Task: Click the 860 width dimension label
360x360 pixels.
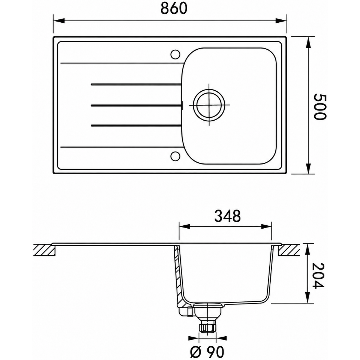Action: point(174,9)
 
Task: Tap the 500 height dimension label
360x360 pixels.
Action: point(319,107)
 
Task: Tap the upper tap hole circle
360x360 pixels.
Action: point(175,54)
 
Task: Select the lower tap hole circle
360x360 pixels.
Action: point(175,156)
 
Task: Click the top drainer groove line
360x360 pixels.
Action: point(136,85)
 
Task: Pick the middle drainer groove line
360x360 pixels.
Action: point(136,105)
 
